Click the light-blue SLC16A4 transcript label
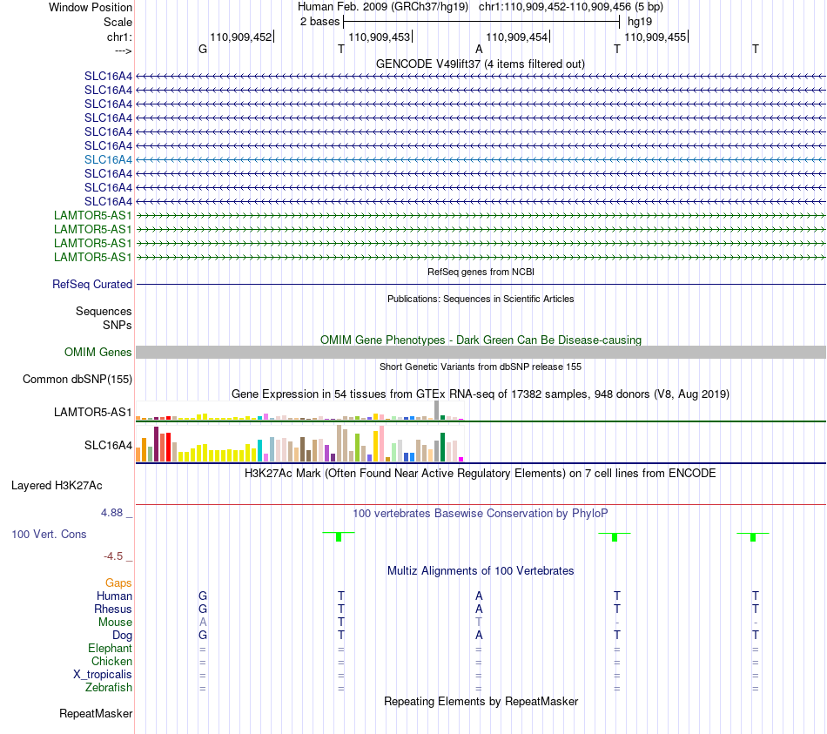(x=108, y=160)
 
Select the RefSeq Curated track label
(x=92, y=285)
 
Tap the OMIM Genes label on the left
(x=98, y=352)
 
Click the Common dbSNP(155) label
(x=77, y=380)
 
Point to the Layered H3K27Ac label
(x=57, y=486)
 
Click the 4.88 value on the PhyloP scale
(x=111, y=513)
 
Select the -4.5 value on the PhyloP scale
(x=113, y=556)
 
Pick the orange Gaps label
(x=118, y=583)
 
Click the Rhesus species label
(x=113, y=609)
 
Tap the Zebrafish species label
(x=109, y=688)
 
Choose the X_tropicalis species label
(x=103, y=675)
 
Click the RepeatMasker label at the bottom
(x=96, y=714)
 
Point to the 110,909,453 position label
(x=380, y=37)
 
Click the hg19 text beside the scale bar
(x=640, y=22)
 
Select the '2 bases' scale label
(x=320, y=22)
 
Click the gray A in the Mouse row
(x=203, y=623)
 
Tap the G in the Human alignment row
(x=203, y=596)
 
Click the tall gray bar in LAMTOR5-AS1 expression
(x=436, y=410)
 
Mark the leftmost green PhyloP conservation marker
(x=339, y=536)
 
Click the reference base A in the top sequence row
(x=479, y=49)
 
